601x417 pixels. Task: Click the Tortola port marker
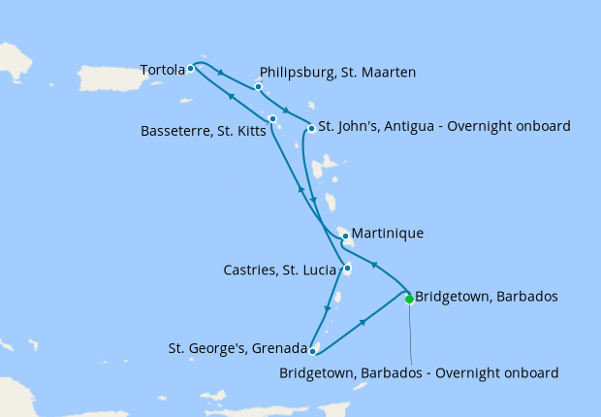191,68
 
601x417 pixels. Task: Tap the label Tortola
162,70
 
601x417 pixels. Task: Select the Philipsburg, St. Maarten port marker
259,87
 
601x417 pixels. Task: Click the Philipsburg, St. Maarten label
338,72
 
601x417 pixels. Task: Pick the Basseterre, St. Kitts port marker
273,119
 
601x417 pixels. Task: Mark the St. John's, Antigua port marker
311,128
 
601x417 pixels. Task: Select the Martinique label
388,234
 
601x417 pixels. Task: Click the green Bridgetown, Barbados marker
409,299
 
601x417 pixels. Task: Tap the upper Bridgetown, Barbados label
487,297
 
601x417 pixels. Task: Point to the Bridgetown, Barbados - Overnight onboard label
419,372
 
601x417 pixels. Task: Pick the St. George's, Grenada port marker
312,351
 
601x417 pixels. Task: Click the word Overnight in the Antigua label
482,126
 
